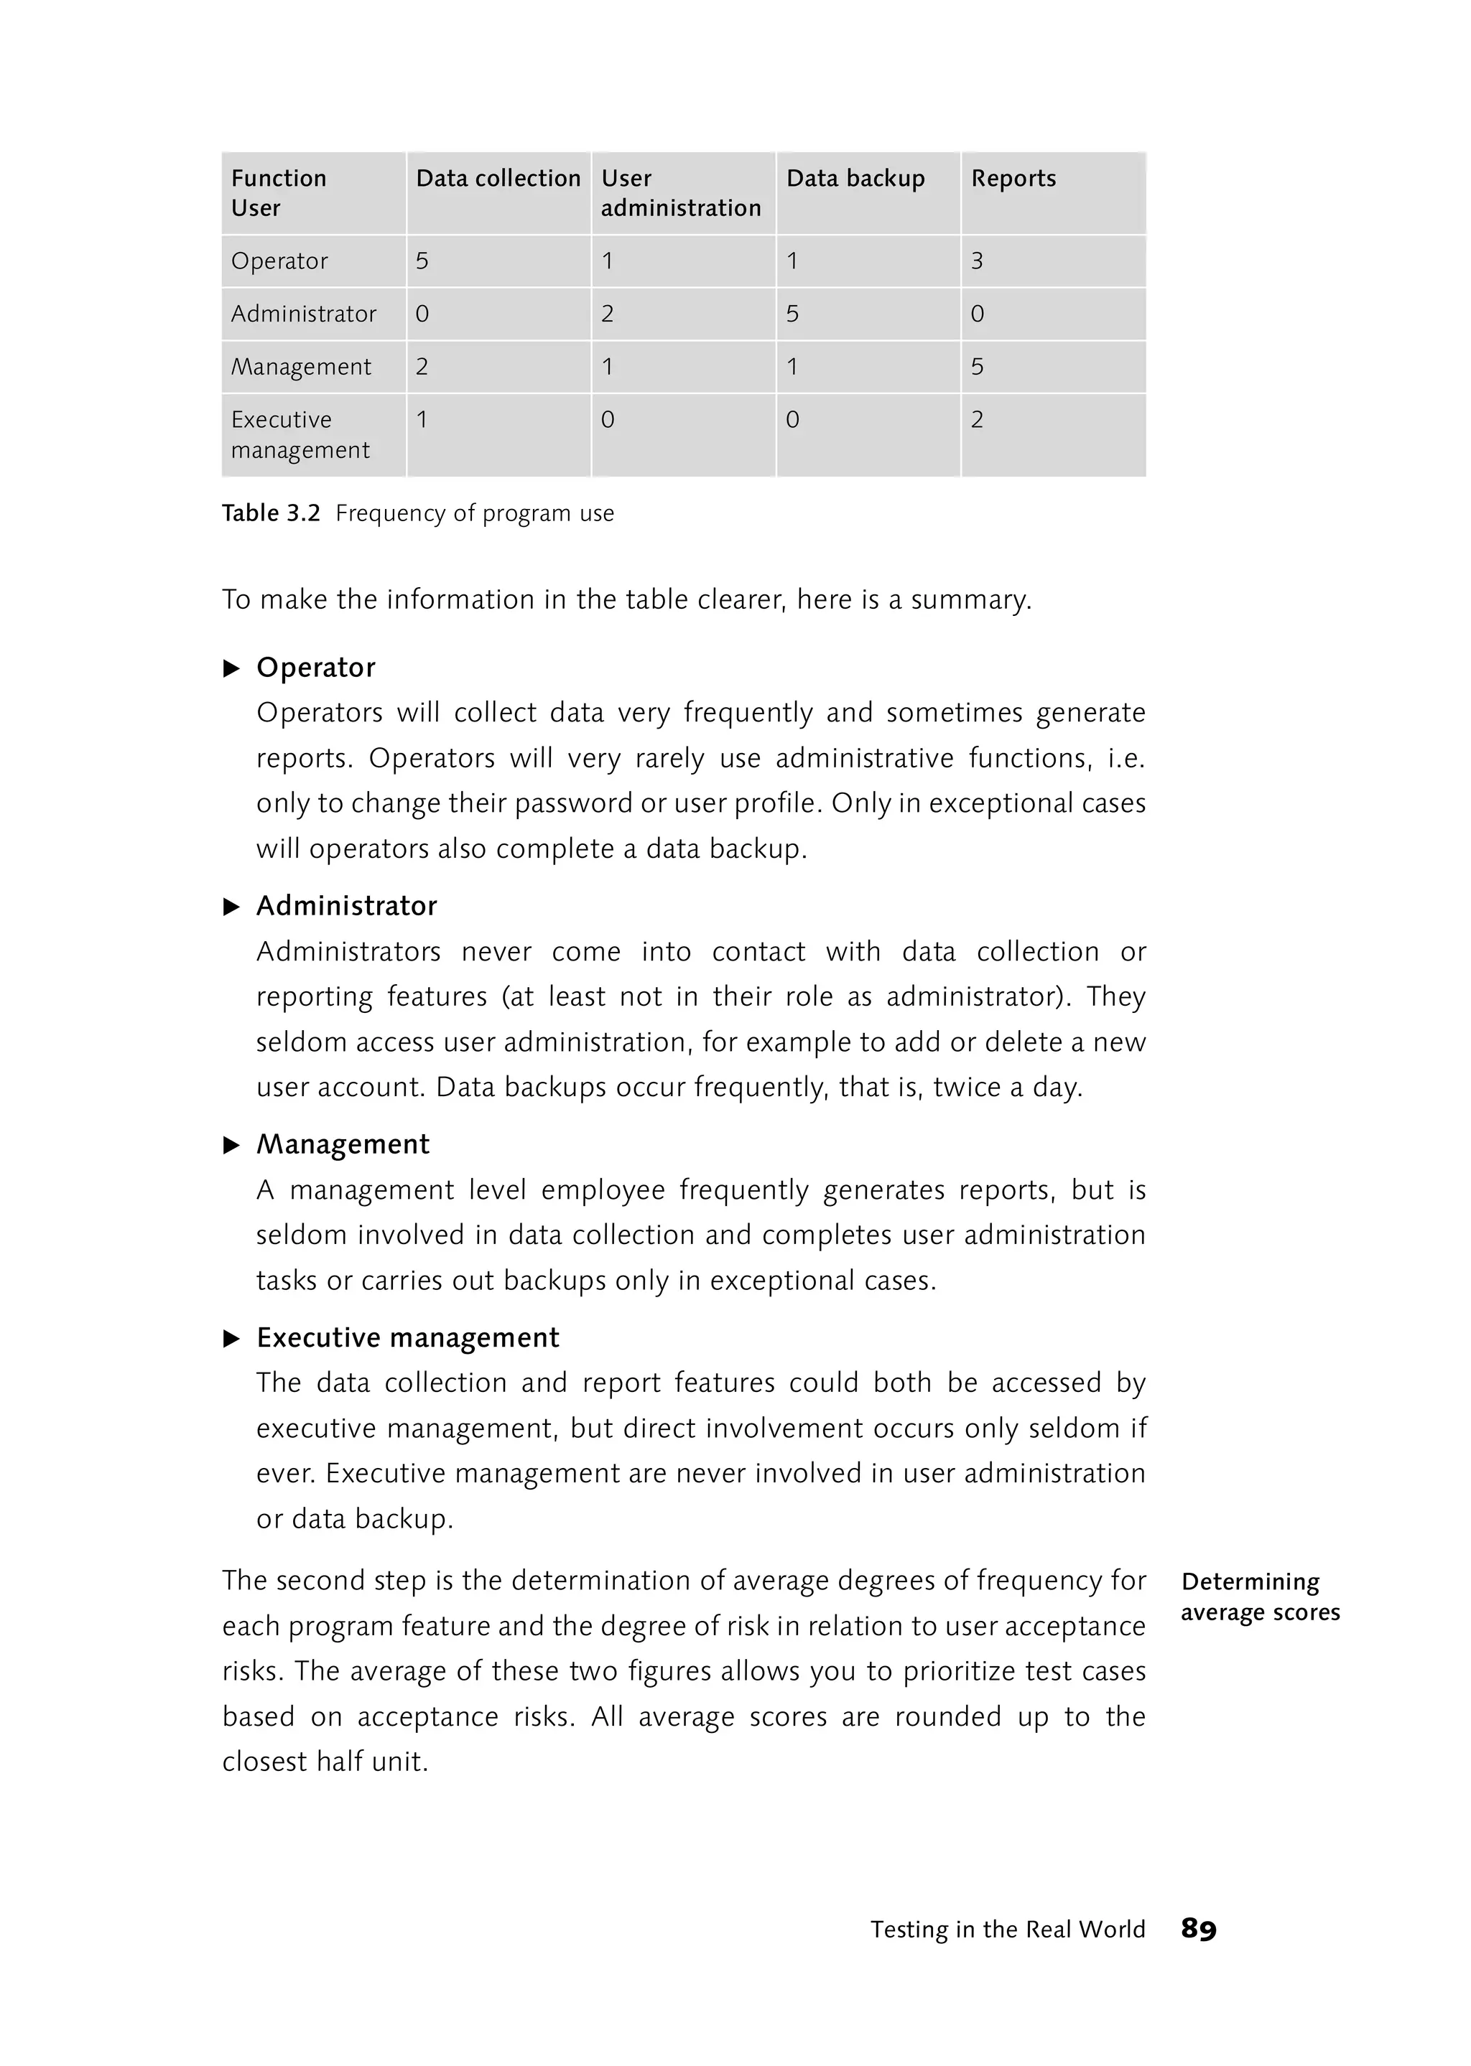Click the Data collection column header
tap(497, 178)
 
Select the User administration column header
tap(680, 193)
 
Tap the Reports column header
tap(1013, 178)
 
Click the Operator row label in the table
tap(279, 261)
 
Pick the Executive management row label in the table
tap(300, 434)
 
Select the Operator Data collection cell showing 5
tap(422, 261)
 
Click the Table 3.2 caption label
tap(271, 513)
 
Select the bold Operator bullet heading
tap(315, 667)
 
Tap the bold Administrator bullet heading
tap(346, 905)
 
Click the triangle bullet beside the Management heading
tap(231, 1145)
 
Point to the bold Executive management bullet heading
tap(407, 1337)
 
